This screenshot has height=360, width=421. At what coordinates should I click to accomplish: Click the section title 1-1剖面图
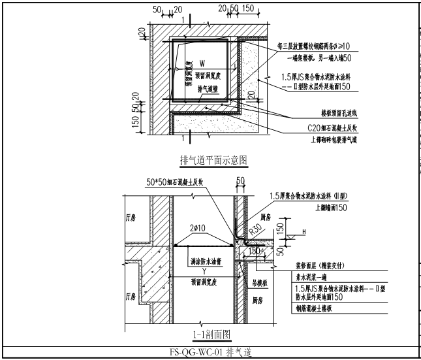tap(213, 335)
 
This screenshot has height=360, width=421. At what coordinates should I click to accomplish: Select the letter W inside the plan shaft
tap(202, 63)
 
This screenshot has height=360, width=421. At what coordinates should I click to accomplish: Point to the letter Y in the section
tap(204, 271)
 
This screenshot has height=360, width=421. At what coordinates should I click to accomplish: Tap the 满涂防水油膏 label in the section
tap(204, 261)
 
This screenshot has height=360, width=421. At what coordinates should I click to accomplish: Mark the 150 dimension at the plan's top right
tap(248, 8)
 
